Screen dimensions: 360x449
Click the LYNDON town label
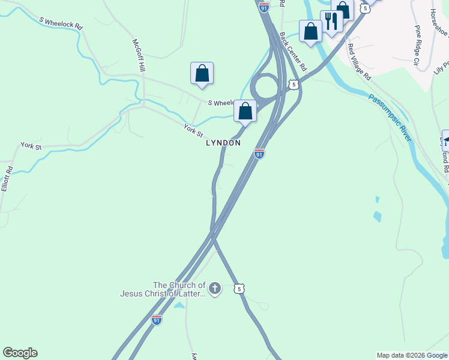[x=223, y=143]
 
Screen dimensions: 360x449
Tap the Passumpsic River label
[x=390, y=118]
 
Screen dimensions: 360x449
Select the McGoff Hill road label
[x=140, y=56]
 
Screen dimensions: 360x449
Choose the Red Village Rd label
[x=360, y=62]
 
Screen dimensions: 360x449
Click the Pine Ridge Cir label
[x=417, y=44]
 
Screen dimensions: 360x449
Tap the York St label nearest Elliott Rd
[x=31, y=146]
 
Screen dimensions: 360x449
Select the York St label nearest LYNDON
[x=194, y=130]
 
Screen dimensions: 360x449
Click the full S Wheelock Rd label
[x=61, y=23]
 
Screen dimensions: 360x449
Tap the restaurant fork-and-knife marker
[x=331, y=22]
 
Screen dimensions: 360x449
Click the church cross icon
[x=215, y=289]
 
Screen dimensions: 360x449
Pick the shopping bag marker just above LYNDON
[x=245, y=111]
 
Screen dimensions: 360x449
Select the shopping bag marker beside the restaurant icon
[x=311, y=31]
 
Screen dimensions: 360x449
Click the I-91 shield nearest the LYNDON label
[x=259, y=154]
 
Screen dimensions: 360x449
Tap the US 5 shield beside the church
[x=240, y=289]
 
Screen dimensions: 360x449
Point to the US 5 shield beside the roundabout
[x=293, y=85]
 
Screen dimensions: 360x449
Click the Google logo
[x=20, y=353]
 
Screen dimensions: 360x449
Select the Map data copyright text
[x=412, y=355]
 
